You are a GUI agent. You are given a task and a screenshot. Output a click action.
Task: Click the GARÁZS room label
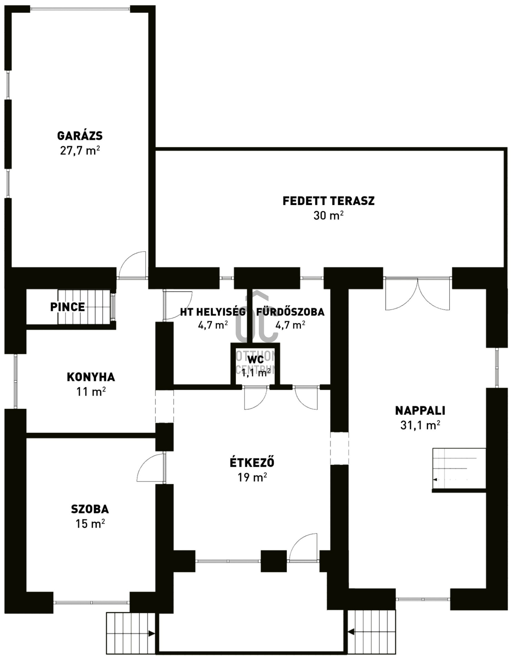click(x=80, y=136)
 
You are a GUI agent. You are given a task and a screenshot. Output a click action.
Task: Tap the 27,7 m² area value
click(x=80, y=151)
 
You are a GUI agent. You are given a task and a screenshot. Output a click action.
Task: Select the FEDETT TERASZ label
click(x=329, y=201)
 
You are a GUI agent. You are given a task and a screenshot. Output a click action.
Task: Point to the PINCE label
click(x=67, y=307)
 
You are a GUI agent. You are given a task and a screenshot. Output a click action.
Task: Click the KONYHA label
click(x=91, y=377)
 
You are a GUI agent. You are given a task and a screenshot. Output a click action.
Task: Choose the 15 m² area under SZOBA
click(x=90, y=524)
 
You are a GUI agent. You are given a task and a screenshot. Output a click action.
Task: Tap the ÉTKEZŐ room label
click(x=252, y=462)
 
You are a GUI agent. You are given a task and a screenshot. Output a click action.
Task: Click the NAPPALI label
click(x=420, y=411)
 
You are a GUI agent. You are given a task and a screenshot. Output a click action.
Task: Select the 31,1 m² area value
click(x=420, y=425)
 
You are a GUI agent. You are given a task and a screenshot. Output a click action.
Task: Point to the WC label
click(x=256, y=359)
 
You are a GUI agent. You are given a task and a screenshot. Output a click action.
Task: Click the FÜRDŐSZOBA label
click(x=290, y=312)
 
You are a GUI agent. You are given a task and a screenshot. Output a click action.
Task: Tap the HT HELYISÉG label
click(x=213, y=312)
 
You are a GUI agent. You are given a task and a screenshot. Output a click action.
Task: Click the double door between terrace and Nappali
click(x=417, y=294)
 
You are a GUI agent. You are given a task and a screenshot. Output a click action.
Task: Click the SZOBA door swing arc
click(x=151, y=468)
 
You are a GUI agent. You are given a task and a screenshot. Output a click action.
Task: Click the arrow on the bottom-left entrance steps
click(x=151, y=634)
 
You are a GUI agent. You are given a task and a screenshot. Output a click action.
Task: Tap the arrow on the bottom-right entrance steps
click(x=351, y=632)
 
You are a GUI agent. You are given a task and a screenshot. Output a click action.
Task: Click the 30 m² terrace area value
click(x=329, y=215)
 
